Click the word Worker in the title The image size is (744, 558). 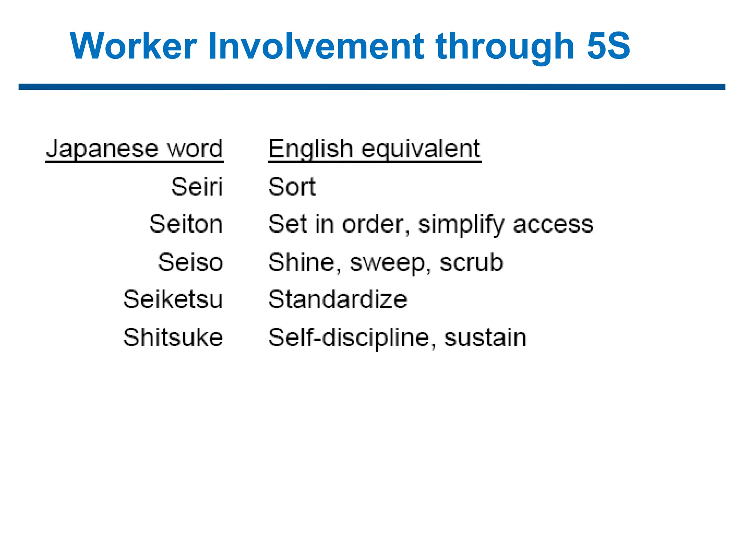click(x=133, y=46)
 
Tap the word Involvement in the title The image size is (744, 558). click(x=316, y=46)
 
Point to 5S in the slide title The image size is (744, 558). click(x=608, y=46)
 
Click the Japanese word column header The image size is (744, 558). click(x=134, y=149)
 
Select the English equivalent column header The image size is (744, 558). click(x=374, y=149)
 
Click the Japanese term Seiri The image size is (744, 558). click(x=197, y=187)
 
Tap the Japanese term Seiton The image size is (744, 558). click(x=186, y=224)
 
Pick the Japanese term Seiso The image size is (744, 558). click(x=190, y=262)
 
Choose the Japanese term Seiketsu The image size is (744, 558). click(x=173, y=299)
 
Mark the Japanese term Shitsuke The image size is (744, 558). click(x=173, y=337)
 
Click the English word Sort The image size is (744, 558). click(x=292, y=187)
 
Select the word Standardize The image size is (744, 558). click(x=338, y=299)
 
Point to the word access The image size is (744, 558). click(x=553, y=225)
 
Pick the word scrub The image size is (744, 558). click(x=472, y=262)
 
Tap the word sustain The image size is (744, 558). click(x=485, y=337)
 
